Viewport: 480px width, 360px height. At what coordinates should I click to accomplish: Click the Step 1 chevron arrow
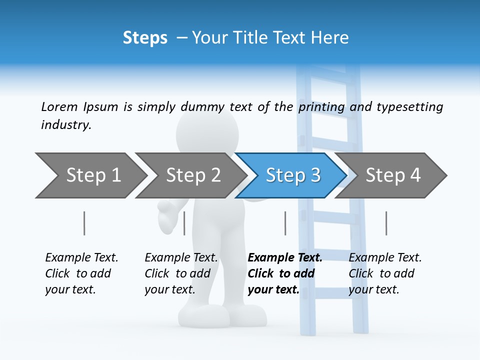[90, 175]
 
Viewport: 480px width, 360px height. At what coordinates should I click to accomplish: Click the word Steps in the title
[145, 37]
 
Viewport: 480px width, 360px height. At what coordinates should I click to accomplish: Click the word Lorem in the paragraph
[59, 106]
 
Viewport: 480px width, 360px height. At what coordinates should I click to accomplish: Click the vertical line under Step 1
[84, 223]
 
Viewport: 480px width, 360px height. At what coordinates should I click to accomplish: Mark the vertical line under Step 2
[184, 223]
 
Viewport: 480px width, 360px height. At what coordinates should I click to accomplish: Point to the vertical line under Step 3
[285, 223]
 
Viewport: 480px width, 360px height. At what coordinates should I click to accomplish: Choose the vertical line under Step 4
[386, 223]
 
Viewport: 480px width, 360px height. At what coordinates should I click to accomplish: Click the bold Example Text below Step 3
[285, 257]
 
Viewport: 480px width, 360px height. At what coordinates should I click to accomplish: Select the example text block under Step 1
[81, 273]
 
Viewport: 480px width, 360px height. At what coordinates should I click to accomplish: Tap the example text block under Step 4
[385, 273]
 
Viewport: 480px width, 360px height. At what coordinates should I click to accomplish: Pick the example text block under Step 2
[181, 273]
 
